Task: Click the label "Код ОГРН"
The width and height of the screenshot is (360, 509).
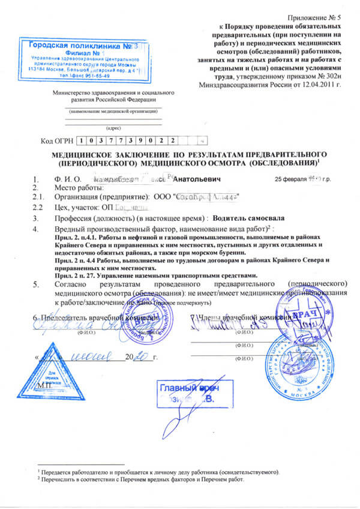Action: (56, 141)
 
